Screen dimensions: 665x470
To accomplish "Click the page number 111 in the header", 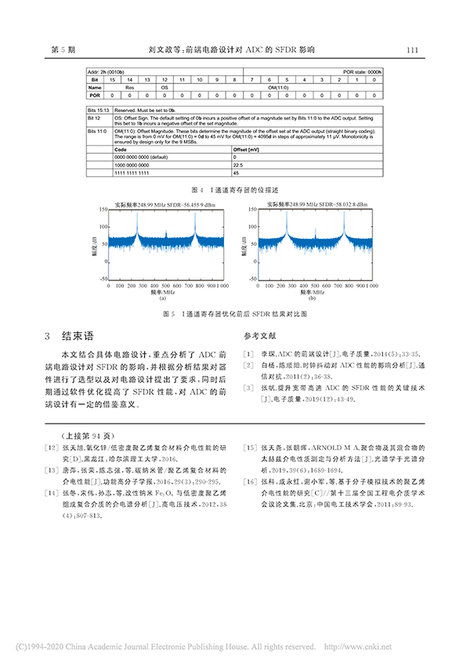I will coord(414,49).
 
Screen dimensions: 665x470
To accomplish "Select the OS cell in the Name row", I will coord(164,88).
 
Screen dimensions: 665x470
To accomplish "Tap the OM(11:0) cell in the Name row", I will coord(279,88).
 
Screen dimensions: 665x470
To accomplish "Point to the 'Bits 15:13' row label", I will coord(98,112).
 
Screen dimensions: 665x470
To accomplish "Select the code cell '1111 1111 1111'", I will coord(132,173).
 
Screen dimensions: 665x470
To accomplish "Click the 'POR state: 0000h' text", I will coord(362,72).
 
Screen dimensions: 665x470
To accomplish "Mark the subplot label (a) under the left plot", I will coord(163,299).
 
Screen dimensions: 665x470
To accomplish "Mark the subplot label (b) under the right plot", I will coord(311,299).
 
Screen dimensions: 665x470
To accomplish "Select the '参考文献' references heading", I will coord(259,335).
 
